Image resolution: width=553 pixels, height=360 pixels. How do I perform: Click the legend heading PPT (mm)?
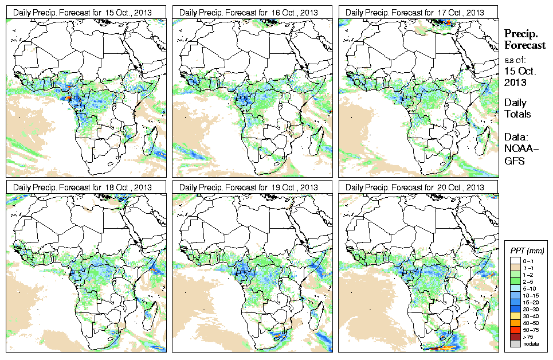pos(527,251)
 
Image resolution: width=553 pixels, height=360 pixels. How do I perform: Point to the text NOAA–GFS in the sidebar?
pos(518,155)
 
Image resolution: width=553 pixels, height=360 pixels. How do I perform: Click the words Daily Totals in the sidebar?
pos(517,108)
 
